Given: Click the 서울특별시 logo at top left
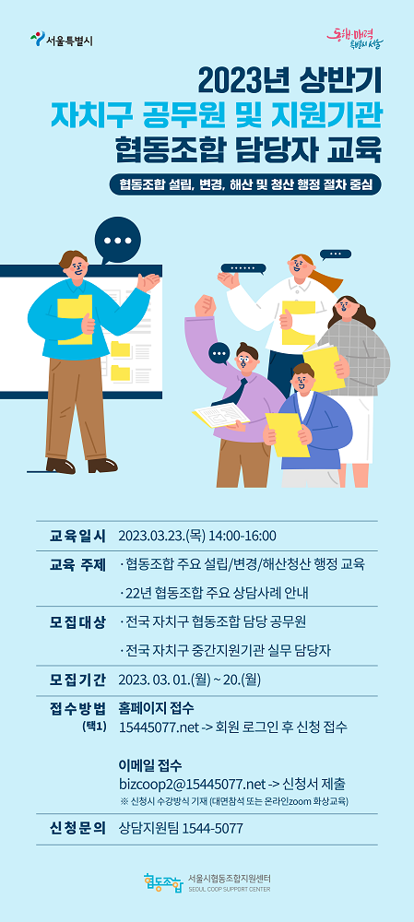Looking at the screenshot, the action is pos(61,40).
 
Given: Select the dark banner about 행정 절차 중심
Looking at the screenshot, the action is pos(245,184).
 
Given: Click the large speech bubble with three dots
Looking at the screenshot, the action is pos(118,240).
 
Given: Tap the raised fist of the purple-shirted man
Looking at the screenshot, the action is pos(206,305).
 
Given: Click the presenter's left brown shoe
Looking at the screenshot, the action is pos(60,467).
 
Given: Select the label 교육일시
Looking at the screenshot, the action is pos(77,537).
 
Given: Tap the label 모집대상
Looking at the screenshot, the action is pos(77,622).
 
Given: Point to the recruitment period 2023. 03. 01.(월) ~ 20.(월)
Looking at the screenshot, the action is pos(189,680).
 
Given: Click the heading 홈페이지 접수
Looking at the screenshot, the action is pos(156,707).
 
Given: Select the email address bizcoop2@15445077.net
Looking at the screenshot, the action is pos(193,785).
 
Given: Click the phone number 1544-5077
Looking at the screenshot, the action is pos(213,829).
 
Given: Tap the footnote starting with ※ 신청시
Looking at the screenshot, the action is pos(233,801).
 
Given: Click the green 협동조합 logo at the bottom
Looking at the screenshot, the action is pos(163,882).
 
